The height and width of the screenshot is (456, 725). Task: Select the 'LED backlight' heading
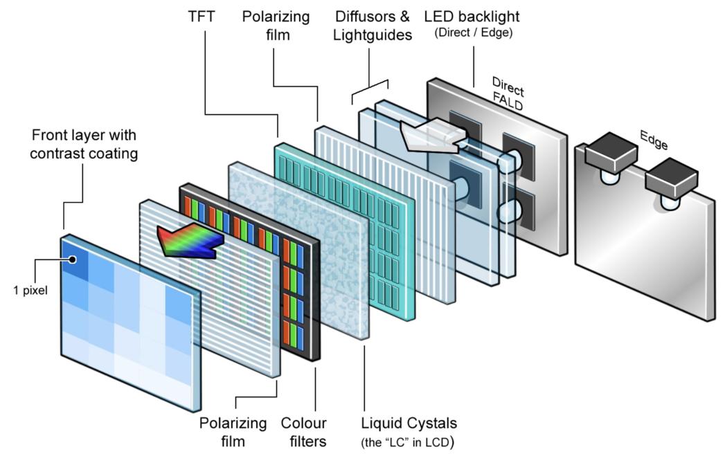[473, 15]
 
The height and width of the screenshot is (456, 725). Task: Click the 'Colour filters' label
[303, 430]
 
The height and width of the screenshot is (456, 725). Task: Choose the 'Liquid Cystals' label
[409, 422]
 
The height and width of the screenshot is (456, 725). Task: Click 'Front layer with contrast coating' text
[83, 143]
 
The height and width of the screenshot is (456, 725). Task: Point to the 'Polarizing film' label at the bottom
[233, 430]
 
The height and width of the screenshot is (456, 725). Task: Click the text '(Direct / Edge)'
[473, 33]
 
